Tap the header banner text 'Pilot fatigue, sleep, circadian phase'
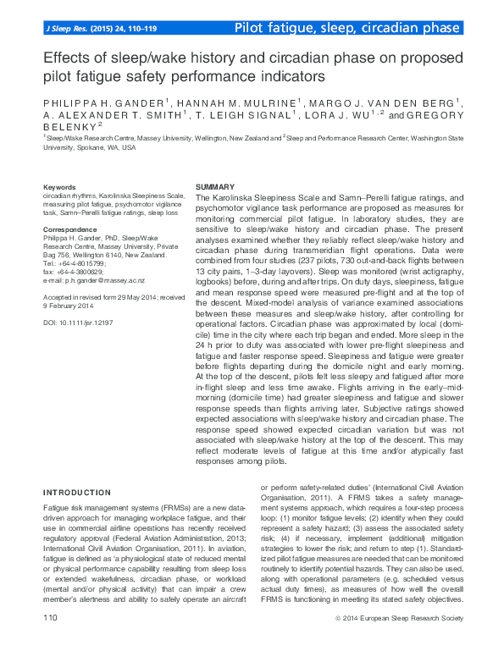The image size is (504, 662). (x=347, y=28)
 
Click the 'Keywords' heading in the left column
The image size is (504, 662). (x=59, y=186)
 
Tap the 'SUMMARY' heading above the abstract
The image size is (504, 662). (x=216, y=186)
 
